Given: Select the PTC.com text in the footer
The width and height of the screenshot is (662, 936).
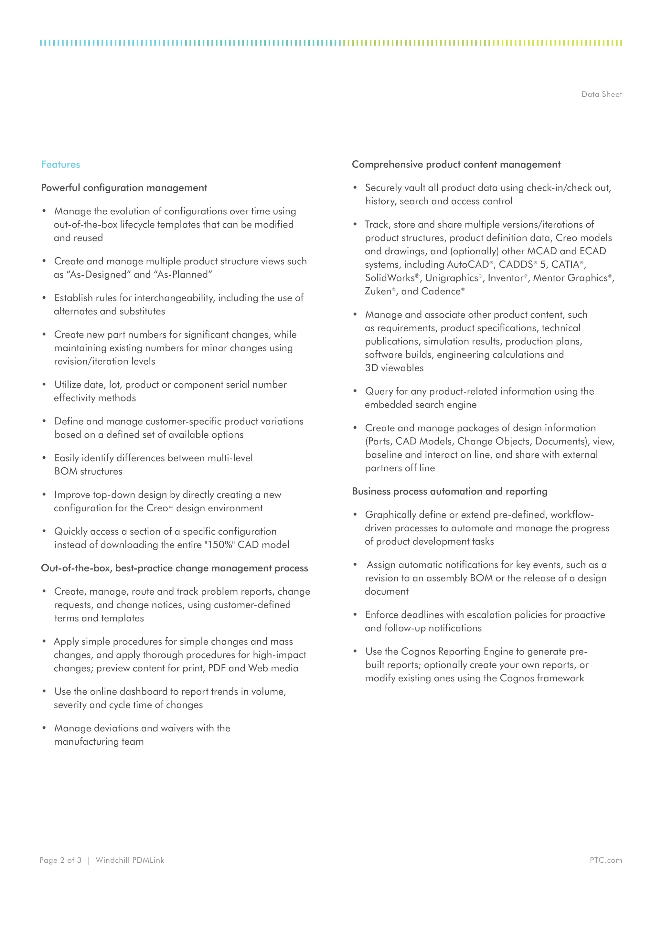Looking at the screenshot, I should coord(606,860).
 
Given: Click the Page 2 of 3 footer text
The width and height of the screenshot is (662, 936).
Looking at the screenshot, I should coord(60,860).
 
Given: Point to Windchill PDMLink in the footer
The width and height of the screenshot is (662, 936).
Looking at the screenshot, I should coord(130,860).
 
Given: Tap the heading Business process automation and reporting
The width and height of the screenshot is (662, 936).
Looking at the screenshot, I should coord(449,491).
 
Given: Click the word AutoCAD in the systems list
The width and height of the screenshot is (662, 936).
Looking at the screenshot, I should coord(467,265).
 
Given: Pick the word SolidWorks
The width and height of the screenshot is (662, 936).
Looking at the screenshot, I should coord(389,278).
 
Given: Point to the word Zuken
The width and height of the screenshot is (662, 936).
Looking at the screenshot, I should coord(378,292).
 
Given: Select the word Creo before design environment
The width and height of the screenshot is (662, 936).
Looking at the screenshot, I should coord(157,508).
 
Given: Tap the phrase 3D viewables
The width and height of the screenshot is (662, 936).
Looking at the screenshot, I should coord(394,368).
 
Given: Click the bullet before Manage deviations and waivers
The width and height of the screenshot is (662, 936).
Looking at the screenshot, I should coord(44,728).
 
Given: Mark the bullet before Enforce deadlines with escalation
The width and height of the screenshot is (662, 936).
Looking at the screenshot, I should coord(355,614).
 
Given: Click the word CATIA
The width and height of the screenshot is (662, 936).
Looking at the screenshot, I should coord(565,265).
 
